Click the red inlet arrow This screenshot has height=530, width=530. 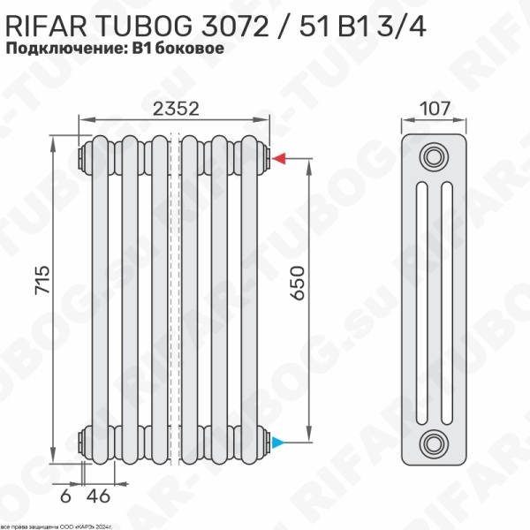[x=279, y=159]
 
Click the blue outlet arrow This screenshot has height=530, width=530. [x=279, y=441]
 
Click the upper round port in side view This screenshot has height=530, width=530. [x=433, y=157]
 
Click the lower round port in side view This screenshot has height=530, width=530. [x=433, y=442]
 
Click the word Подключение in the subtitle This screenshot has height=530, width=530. [x=67, y=49]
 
